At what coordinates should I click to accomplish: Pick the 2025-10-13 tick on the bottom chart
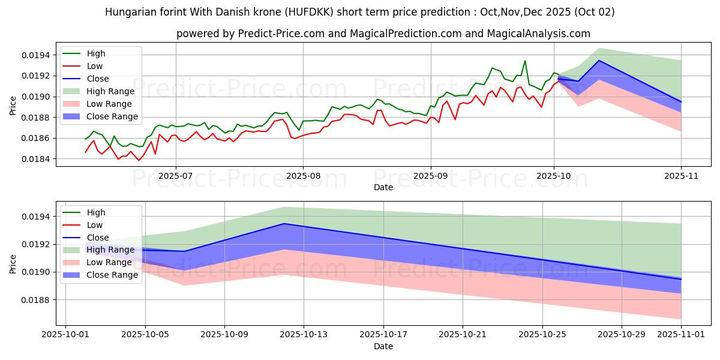click(x=304, y=336)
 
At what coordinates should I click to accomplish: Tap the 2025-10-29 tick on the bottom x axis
click(x=622, y=336)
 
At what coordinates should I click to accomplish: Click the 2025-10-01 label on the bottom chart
click(x=65, y=336)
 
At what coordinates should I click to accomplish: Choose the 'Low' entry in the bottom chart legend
click(x=95, y=225)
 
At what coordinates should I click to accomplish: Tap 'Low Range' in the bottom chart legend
click(x=109, y=262)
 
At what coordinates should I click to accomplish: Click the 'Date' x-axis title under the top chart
click(x=383, y=187)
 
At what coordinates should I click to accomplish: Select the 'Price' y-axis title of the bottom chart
click(x=13, y=264)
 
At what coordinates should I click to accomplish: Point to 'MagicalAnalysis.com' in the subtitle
click(x=541, y=34)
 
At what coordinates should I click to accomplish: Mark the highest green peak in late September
click(x=525, y=61)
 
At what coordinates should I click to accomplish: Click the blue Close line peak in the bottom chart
click(x=284, y=224)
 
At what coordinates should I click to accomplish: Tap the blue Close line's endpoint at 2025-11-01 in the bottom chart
click(x=681, y=279)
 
